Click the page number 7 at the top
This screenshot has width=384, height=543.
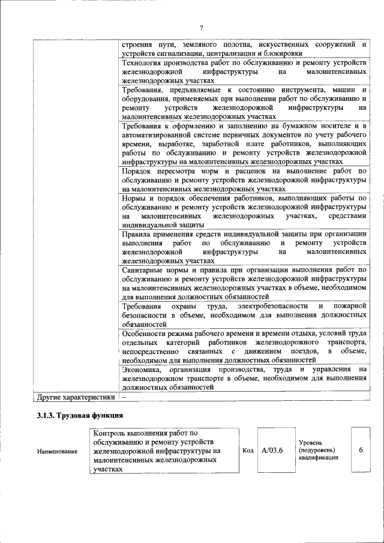(x=202, y=28)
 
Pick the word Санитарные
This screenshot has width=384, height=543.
(x=143, y=271)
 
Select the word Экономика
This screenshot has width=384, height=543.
(x=141, y=370)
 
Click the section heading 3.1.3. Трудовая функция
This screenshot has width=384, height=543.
(x=80, y=415)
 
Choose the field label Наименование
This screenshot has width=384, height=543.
(x=57, y=451)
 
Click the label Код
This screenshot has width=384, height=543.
(x=248, y=450)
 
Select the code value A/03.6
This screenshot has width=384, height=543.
(x=272, y=450)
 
